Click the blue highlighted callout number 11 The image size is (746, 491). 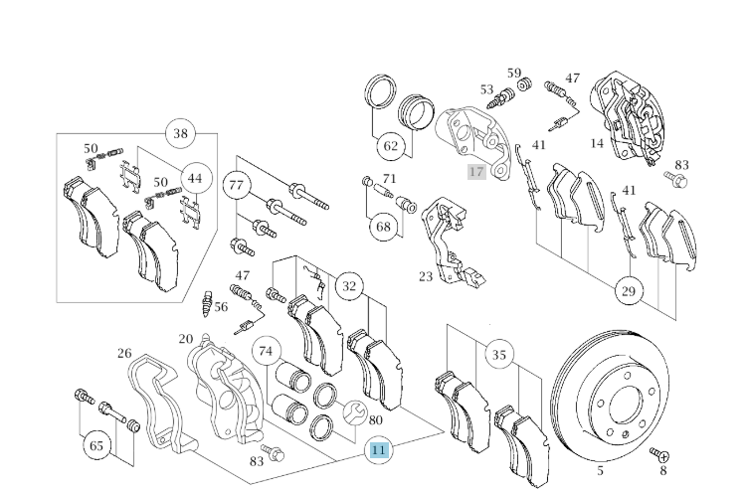378,450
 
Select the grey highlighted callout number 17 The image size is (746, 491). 476,172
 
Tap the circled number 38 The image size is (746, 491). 180,134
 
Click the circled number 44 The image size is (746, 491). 195,179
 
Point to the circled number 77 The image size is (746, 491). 236,185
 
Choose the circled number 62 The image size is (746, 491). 390,147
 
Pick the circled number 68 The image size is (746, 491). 383,226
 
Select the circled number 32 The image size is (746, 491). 348,287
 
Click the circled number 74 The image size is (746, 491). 266,351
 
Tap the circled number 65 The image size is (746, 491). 96,445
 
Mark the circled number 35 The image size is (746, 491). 499,353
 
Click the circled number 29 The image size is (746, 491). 628,291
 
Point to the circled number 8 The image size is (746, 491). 662,471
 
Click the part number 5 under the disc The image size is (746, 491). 601,470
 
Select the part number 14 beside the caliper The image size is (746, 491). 596,143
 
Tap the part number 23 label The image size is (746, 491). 425,276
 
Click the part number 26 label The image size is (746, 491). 124,353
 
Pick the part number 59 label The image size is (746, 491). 514,73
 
